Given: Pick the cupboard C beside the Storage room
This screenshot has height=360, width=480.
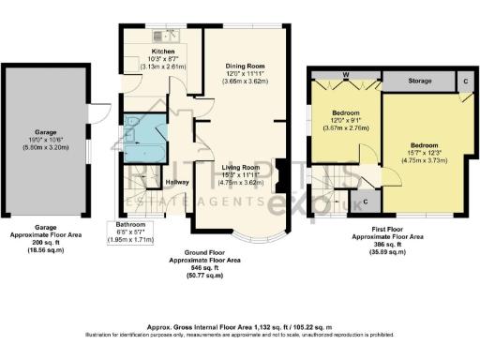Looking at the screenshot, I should coord(466,82).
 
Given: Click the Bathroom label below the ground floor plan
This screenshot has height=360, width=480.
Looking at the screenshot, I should coord(130,226).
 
